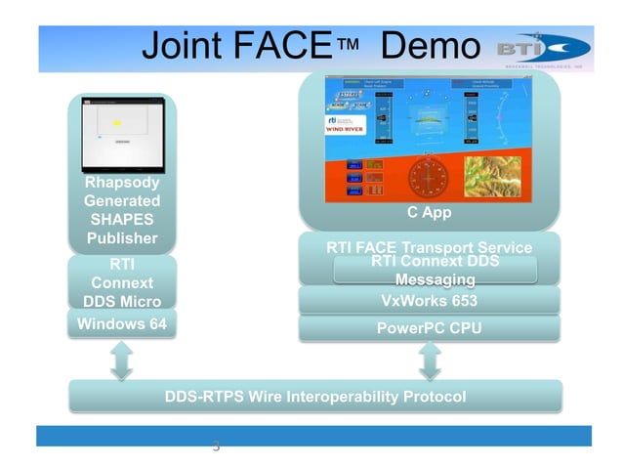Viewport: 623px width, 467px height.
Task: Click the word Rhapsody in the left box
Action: (122, 183)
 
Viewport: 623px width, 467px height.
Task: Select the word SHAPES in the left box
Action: (122, 220)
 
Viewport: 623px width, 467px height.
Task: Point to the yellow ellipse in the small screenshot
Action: (116, 122)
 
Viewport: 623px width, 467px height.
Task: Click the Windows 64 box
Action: (122, 323)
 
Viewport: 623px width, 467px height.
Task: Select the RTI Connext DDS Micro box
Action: (122, 282)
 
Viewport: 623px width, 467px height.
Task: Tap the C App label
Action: (429, 212)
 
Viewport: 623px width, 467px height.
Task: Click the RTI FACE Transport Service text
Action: (429, 247)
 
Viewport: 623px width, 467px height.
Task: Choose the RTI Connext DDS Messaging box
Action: (435, 271)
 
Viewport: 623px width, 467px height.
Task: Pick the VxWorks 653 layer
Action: (429, 301)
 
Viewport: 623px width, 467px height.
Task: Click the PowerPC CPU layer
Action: (429, 328)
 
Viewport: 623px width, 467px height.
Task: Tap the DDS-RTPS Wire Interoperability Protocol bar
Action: (315, 397)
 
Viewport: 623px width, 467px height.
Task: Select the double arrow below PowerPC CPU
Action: (430, 361)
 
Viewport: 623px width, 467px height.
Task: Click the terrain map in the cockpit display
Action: (498, 179)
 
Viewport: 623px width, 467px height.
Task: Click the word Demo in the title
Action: (431, 47)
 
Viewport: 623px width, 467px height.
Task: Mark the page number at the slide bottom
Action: (216, 447)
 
